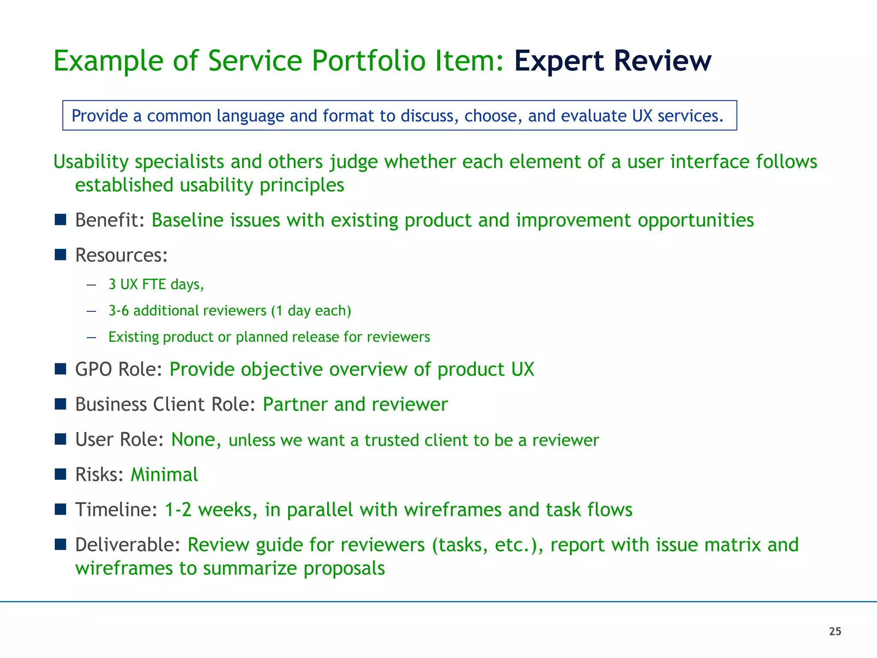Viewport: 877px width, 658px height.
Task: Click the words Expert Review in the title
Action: click(612, 61)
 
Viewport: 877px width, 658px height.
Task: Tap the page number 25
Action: click(835, 631)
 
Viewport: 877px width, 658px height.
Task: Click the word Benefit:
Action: click(110, 220)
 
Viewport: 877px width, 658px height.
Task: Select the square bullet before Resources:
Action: click(60, 255)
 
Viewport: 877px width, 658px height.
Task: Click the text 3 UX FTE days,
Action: click(156, 284)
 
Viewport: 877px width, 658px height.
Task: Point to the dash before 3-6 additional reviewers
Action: click(91, 311)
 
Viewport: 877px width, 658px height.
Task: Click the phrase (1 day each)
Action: click(311, 311)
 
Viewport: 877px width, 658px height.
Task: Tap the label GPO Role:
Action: click(118, 369)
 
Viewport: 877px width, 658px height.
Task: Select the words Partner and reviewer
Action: click(355, 404)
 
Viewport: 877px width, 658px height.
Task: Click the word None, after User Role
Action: click(196, 440)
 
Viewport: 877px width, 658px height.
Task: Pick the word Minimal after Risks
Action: click(164, 475)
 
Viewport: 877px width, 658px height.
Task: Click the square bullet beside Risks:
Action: click(60, 474)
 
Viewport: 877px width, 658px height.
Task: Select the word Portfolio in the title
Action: click(368, 61)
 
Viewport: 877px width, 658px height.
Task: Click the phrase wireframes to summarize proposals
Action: click(230, 568)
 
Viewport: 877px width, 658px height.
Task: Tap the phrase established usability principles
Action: click(209, 185)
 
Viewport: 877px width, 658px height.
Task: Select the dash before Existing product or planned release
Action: click(91, 338)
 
